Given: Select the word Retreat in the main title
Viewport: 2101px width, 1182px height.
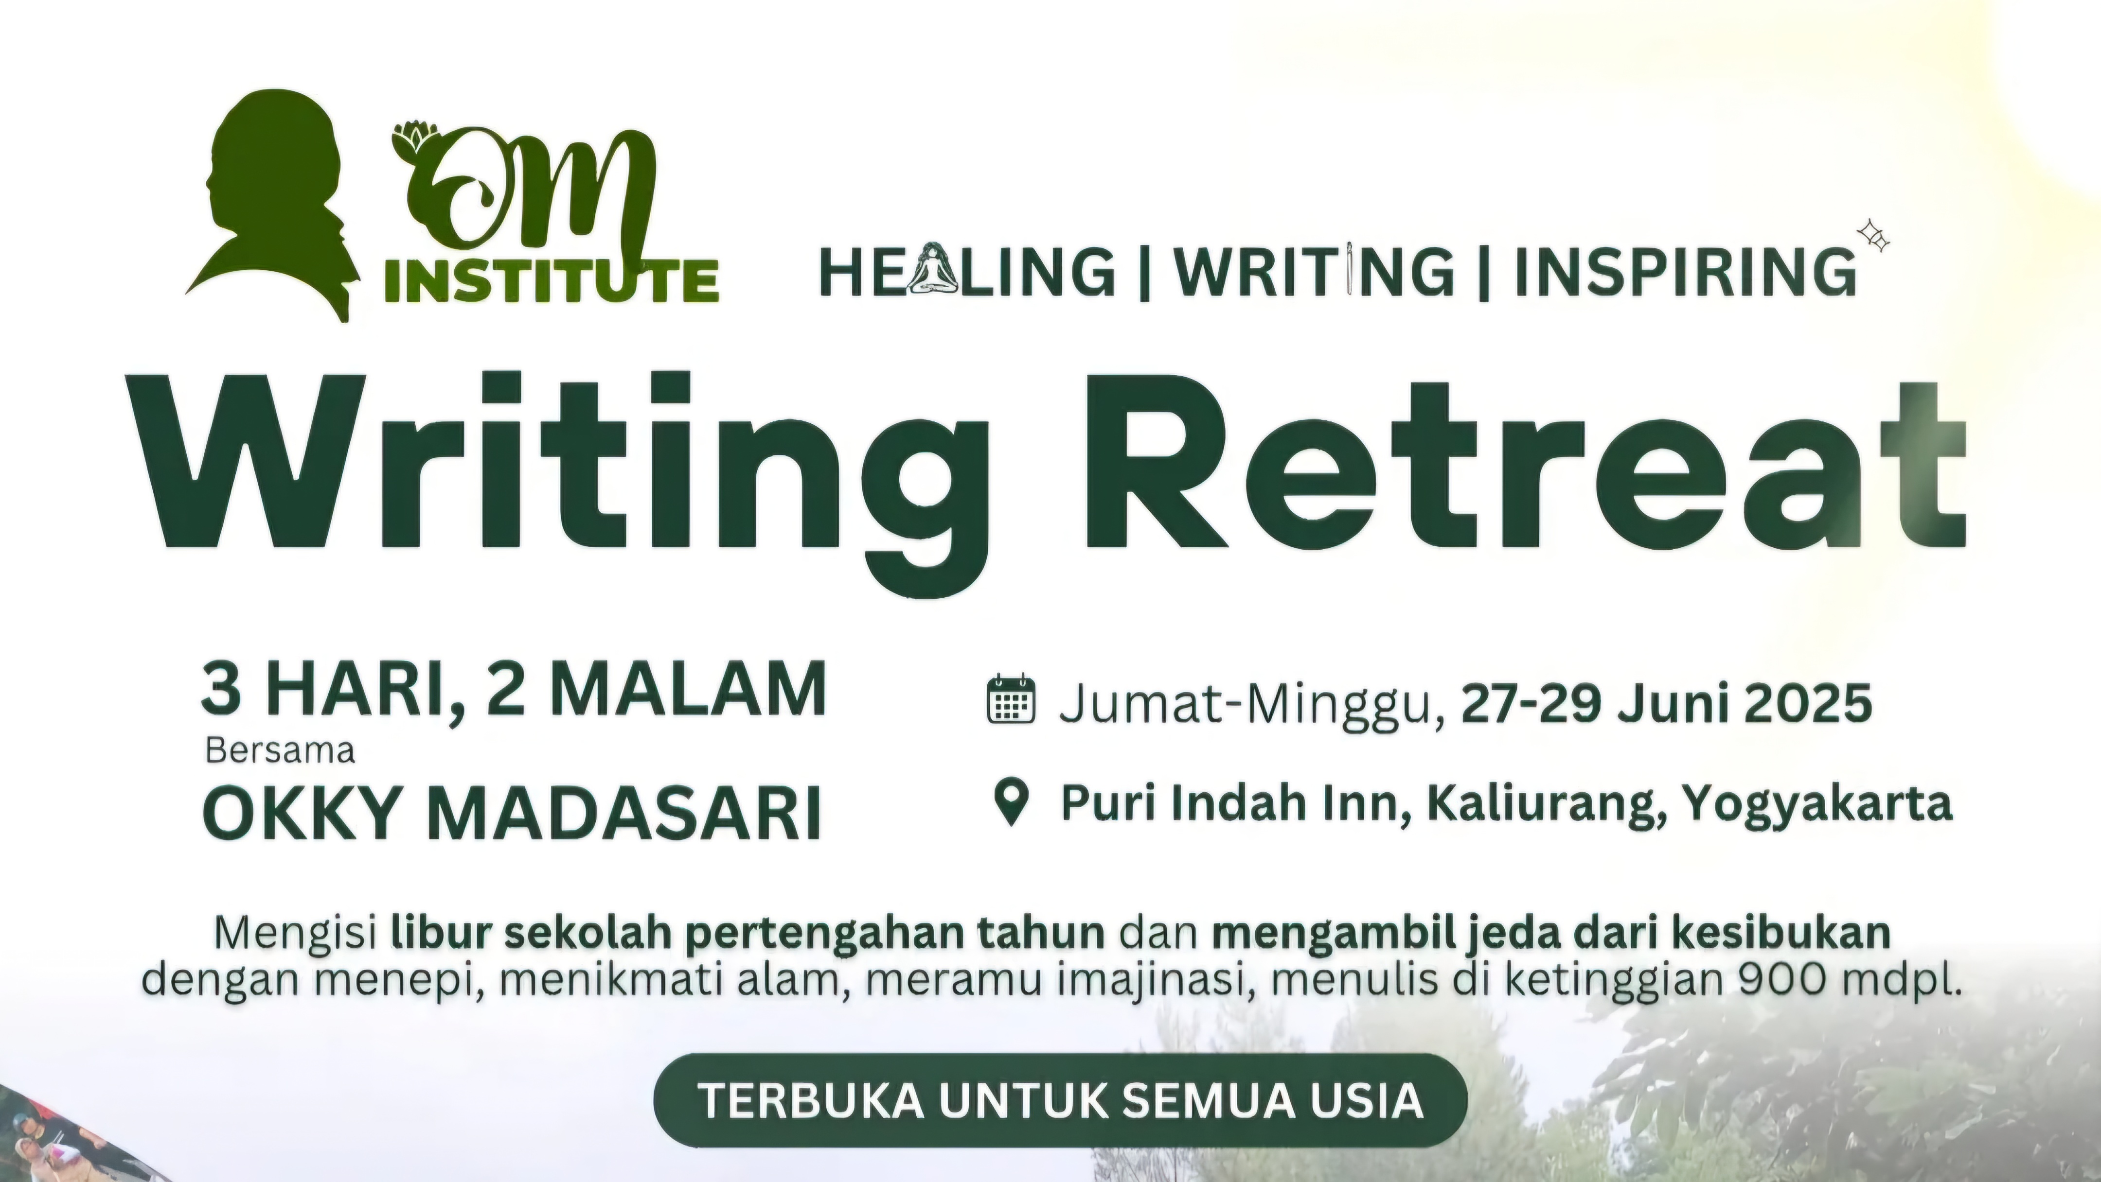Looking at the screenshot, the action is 1524,461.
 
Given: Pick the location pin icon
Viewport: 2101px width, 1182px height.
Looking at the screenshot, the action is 1012,802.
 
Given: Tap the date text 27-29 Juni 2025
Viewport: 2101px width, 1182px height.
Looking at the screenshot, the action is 1666,703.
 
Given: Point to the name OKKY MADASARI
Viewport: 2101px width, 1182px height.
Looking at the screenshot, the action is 511,812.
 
